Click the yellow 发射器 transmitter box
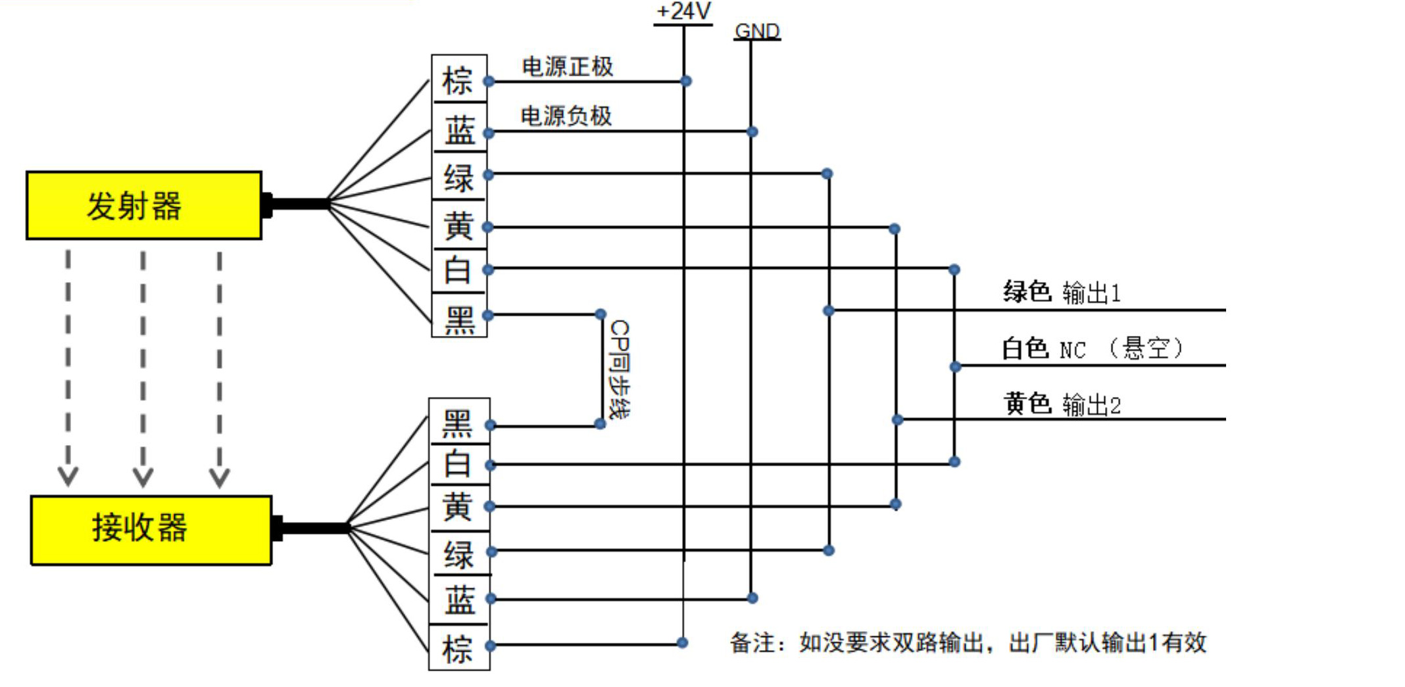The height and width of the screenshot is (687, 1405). (143, 205)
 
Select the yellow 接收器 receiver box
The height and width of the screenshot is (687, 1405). (151, 530)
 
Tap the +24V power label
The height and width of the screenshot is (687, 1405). (683, 11)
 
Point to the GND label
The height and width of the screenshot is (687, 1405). (757, 31)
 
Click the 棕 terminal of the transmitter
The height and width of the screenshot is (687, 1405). (458, 80)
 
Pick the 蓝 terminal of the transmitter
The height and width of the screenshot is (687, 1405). (458, 130)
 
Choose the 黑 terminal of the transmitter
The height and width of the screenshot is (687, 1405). (458, 318)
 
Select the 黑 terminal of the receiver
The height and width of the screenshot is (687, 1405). (458, 423)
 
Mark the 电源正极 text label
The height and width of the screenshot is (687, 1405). (567, 66)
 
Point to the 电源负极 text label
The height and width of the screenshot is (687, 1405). (566, 116)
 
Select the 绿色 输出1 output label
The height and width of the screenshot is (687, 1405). (1061, 292)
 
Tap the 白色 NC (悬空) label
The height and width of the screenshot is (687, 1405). (1092, 348)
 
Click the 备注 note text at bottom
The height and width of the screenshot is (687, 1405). (968, 642)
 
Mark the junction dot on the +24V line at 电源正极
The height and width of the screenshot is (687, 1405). (686, 81)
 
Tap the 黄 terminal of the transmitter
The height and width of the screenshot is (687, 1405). (458, 225)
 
